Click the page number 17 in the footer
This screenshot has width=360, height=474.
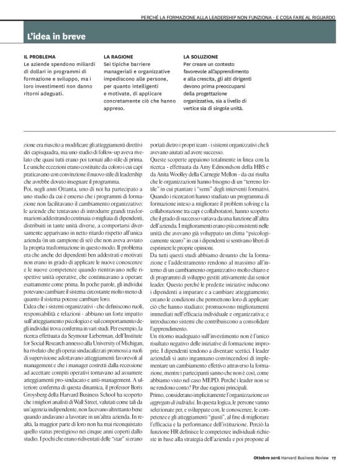click(333, 459)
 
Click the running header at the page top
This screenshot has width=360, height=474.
click(238, 17)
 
